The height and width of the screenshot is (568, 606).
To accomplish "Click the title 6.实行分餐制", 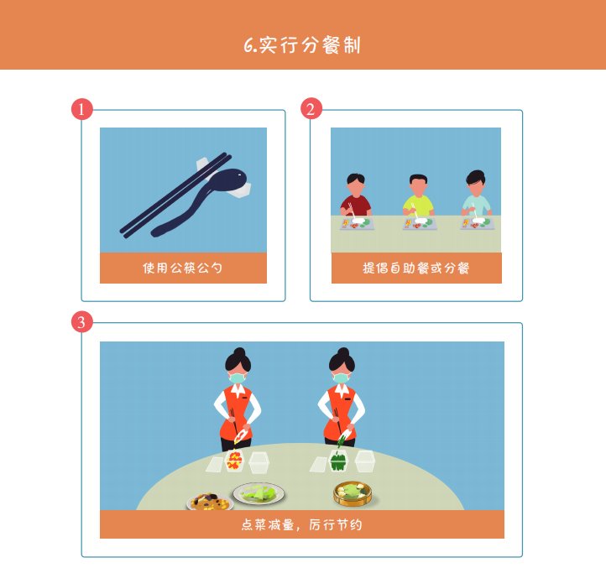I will coord(302,45).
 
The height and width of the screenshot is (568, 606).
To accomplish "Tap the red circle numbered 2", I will coord(311,110).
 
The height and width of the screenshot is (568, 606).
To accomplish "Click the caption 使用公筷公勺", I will coord(183,268).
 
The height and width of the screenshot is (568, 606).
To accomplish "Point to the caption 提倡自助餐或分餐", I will coord(415,268).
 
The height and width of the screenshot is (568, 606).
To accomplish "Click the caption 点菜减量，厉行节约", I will coord(302,524).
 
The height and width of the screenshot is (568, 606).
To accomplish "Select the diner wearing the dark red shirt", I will coord(356,197).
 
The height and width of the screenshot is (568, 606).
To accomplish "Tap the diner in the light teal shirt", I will coord(475,197).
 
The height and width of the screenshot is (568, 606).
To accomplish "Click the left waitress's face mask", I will coord(238,378).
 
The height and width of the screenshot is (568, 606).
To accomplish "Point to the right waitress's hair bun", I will coord(342,352).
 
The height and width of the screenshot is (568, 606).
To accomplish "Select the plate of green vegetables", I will coord(259,493).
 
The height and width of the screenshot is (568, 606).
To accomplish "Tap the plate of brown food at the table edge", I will coord(210,503).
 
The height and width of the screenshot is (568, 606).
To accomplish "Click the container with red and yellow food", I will coord(234,460).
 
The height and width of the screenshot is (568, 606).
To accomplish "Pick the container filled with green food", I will coord(338,461).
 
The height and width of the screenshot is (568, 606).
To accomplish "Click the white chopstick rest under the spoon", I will coord(243,190).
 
